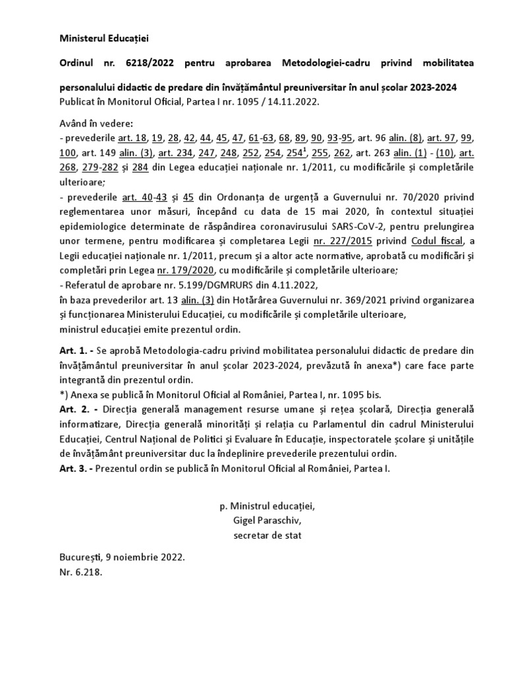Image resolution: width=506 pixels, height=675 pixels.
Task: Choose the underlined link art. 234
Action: pyautogui.click(x=173, y=153)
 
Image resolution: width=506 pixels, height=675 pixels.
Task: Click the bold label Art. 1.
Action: pyautogui.click(x=71, y=351)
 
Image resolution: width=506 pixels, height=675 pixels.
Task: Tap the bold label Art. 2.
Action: pyautogui.click(x=71, y=409)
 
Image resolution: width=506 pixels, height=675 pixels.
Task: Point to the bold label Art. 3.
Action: pyautogui.click(x=71, y=467)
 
